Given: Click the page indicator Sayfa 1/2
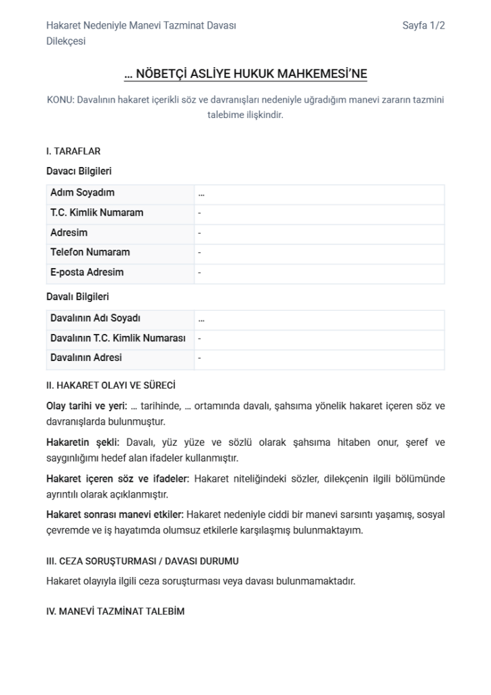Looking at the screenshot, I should [423, 26].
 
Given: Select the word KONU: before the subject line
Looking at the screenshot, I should [60, 100].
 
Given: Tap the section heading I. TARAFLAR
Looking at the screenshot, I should [73, 151].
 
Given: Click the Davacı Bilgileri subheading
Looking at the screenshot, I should [79, 171].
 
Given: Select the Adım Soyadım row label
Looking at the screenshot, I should [82, 193].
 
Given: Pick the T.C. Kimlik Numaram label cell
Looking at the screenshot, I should [96, 212].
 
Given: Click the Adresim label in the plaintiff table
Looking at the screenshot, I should [68, 233].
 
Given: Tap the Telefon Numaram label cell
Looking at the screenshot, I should [90, 252].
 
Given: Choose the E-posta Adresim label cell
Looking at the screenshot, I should [87, 272].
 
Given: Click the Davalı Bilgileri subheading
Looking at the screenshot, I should [77, 297].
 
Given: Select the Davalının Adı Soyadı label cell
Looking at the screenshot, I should [95, 318].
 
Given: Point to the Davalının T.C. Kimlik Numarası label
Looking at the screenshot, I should [117, 338].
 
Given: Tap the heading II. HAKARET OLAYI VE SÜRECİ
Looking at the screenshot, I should [111, 386].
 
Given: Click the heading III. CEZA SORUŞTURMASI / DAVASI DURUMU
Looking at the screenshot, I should [142, 561].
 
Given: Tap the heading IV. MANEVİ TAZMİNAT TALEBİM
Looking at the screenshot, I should [115, 612].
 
